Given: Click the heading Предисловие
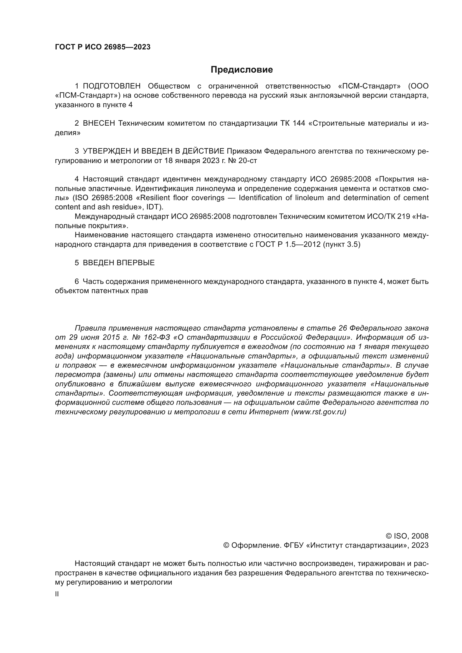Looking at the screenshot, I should click(242, 70).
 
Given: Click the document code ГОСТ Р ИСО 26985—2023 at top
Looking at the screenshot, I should click(103, 47).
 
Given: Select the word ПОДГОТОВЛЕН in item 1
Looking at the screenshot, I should click(111, 86).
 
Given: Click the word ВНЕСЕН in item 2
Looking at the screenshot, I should click(99, 123).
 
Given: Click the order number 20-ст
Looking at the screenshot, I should click(247, 161).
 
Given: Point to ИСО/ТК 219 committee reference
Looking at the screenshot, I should click(387, 216).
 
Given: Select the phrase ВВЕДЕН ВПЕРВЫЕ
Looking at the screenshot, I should click(119, 263).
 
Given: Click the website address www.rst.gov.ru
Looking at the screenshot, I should click(319, 412).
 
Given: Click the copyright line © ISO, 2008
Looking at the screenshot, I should click(407, 536).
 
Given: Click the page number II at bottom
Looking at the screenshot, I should click(57, 594).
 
